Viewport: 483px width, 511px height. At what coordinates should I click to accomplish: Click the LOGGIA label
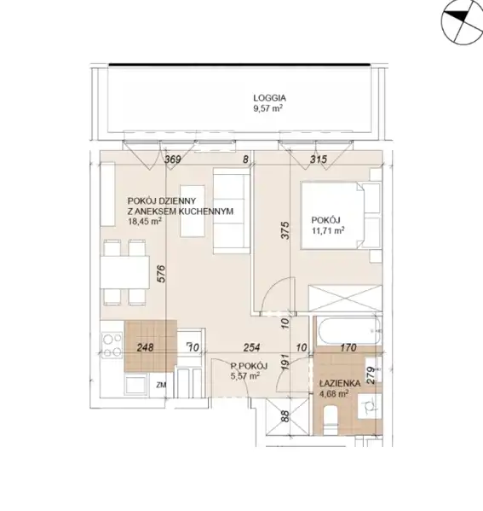[x=269, y=98]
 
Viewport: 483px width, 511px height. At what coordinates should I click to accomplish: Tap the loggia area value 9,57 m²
[x=267, y=108]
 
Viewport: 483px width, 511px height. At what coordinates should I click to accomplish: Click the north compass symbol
[x=462, y=22]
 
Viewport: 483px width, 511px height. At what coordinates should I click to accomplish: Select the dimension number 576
[x=162, y=274]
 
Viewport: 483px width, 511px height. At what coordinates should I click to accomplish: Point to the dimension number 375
[x=285, y=230]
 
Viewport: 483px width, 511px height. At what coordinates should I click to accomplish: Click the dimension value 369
[x=172, y=160]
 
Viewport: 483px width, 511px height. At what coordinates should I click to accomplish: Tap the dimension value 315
[x=319, y=160]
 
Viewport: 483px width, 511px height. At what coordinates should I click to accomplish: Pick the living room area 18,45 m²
[x=145, y=222]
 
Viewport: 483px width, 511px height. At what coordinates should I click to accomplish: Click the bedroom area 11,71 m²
[x=328, y=230]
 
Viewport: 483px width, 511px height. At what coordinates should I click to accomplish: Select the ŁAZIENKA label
[x=340, y=384]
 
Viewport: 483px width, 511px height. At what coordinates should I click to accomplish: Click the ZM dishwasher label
[x=161, y=386]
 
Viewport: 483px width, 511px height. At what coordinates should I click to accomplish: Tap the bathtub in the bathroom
[x=349, y=330]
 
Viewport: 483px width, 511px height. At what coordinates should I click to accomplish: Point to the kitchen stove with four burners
[x=112, y=345]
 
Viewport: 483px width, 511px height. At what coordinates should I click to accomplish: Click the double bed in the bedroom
[x=341, y=216]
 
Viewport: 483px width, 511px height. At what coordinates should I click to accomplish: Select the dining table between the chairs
[x=124, y=272]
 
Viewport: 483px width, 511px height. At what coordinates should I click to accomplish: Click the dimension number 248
[x=145, y=347]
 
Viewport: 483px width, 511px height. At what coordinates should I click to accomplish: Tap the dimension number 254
[x=252, y=348]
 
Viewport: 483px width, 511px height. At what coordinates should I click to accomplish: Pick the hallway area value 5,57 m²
[x=245, y=376]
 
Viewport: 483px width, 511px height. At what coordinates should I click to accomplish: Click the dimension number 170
[x=348, y=348]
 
